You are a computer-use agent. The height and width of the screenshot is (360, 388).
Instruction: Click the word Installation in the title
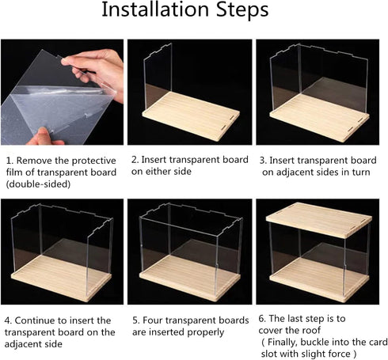[x=155, y=9]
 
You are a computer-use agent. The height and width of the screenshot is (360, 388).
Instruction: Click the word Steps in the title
[x=242, y=10]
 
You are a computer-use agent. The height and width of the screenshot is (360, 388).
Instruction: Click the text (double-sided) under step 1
[x=38, y=184]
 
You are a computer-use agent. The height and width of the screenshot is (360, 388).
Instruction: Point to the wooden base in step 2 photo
[x=191, y=116]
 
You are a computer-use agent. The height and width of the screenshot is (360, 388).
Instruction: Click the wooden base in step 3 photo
[x=319, y=117]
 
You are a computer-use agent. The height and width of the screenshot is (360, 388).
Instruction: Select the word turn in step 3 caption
[x=361, y=172]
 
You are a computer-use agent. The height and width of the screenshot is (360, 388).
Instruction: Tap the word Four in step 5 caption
[x=153, y=320]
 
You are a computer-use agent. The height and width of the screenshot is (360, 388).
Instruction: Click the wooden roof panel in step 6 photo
[x=319, y=220]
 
